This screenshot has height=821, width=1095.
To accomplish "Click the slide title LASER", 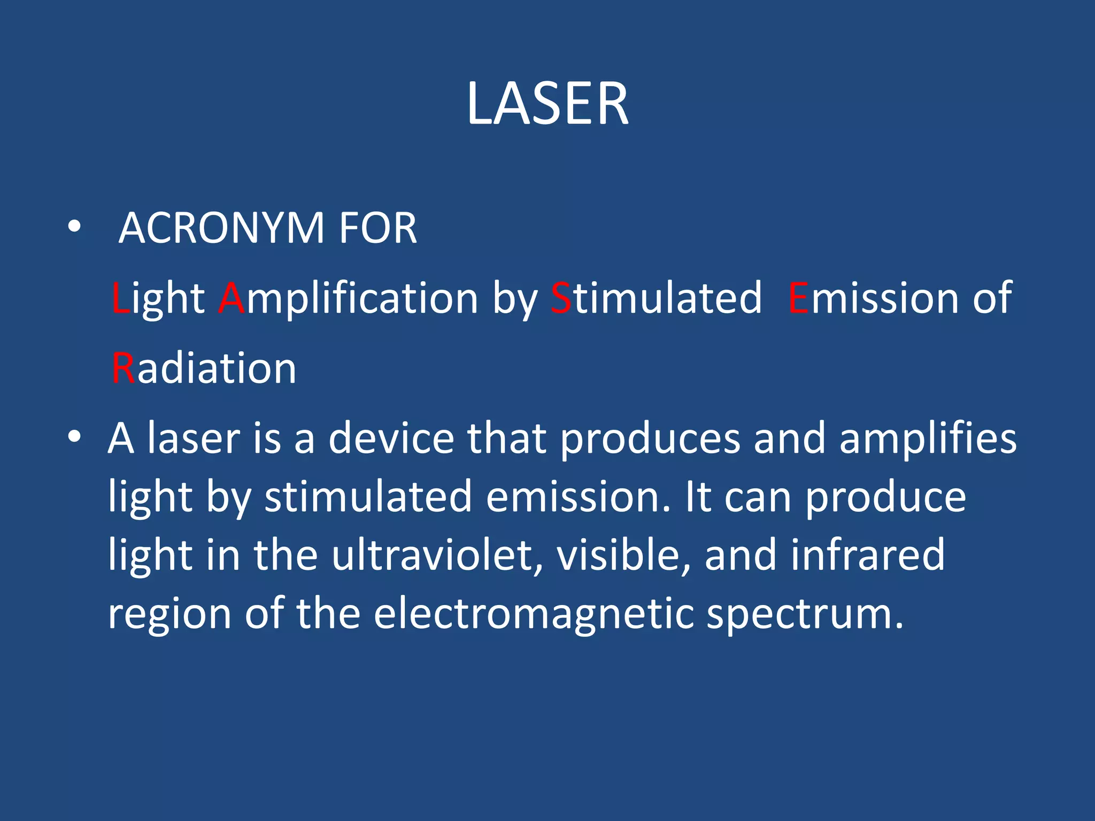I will point(547,104).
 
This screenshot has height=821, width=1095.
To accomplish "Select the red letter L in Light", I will point(120,298).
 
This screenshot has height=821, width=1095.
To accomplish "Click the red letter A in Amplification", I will point(232,298).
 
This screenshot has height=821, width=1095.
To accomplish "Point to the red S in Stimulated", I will point(561,298).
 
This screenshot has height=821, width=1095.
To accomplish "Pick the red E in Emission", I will point(799,298).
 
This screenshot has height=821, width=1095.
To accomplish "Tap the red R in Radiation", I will point(124,368).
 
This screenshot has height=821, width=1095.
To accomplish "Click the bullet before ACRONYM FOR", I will point(74,227).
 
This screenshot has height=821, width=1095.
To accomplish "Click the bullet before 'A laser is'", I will point(74,437).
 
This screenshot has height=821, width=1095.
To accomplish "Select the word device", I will point(391,438).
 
